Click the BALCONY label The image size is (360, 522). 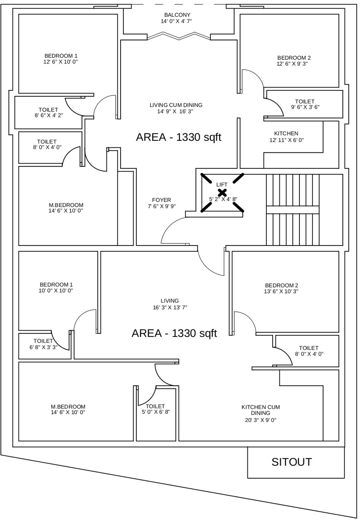[x=177, y=15]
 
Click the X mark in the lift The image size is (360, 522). [x=222, y=193]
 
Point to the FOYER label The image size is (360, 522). [x=161, y=200]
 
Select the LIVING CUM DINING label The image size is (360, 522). [x=176, y=105]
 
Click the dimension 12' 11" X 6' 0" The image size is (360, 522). [x=287, y=140]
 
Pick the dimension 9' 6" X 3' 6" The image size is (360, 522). [x=305, y=107]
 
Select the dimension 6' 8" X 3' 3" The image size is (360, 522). [x=44, y=347]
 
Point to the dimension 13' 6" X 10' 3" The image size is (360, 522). [x=281, y=291]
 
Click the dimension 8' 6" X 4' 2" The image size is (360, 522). [x=49, y=115]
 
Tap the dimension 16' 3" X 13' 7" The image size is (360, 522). [x=170, y=307]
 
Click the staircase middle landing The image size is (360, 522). [x=293, y=209]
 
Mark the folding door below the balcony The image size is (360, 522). [x=179, y=36]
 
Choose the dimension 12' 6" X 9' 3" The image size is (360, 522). [x=292, y=64]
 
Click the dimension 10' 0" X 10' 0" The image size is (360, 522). [x=56, y=290]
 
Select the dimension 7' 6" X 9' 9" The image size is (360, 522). [x=161, y=206]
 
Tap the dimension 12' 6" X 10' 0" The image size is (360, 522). [x=60, y=62]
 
